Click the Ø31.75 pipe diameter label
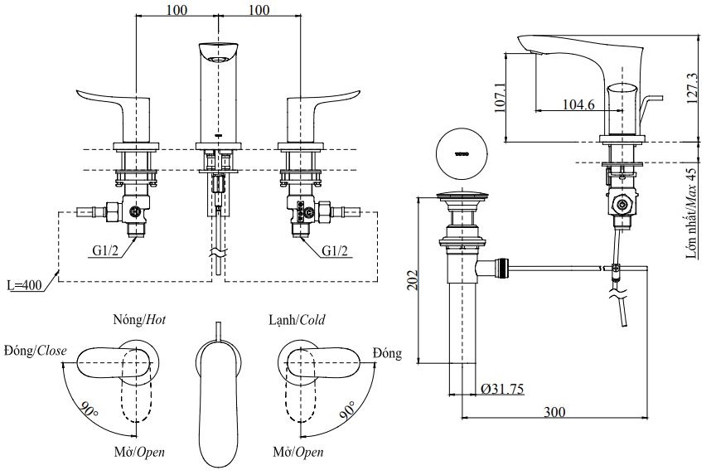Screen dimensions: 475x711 (x=501, y=388)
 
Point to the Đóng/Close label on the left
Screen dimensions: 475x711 (x=35, y=351)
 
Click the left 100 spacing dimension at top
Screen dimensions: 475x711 (x=176, y=10)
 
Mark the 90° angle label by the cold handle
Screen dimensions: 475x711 (x=348, y=409)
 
